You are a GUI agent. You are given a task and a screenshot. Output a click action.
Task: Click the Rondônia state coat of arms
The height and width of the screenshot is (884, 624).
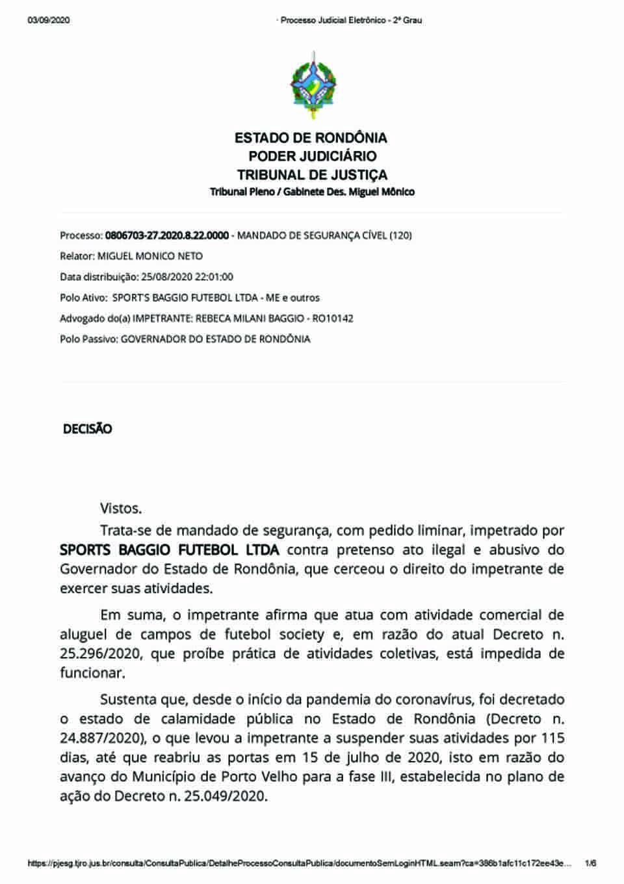point(313,85)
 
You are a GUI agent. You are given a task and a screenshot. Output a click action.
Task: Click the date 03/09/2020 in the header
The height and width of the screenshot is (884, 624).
point(49,20)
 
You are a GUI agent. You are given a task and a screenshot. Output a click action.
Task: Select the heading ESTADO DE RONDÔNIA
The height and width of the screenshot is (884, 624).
point(311,138)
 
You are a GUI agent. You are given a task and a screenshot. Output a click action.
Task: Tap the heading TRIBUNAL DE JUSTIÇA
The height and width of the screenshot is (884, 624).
point(312,175)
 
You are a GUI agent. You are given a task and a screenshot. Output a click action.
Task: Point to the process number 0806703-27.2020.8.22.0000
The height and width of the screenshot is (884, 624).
point(167,235)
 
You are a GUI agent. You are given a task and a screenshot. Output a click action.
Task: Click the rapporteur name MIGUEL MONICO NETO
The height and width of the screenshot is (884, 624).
point(150,256)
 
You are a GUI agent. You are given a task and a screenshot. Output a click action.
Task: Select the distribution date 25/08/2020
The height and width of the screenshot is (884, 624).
point(166,277)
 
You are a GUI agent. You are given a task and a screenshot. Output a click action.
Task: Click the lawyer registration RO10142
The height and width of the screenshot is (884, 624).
point(333,319)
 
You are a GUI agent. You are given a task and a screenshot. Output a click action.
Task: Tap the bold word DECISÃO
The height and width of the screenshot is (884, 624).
point(87,429)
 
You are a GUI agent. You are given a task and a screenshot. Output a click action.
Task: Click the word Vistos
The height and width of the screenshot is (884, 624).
point(121,509)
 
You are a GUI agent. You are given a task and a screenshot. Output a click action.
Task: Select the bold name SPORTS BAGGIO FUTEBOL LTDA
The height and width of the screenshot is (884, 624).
point(169,550)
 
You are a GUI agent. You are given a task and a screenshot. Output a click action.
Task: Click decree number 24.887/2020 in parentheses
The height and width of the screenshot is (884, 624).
point(101,738)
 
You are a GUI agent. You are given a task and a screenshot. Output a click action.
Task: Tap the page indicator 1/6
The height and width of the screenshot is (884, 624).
point(590,863)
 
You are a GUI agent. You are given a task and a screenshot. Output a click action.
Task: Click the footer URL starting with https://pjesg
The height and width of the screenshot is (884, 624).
point(300,863)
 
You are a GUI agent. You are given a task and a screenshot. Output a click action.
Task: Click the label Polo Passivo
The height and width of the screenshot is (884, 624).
point(88,339)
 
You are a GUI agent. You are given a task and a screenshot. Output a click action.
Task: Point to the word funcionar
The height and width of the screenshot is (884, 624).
point(92,673)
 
